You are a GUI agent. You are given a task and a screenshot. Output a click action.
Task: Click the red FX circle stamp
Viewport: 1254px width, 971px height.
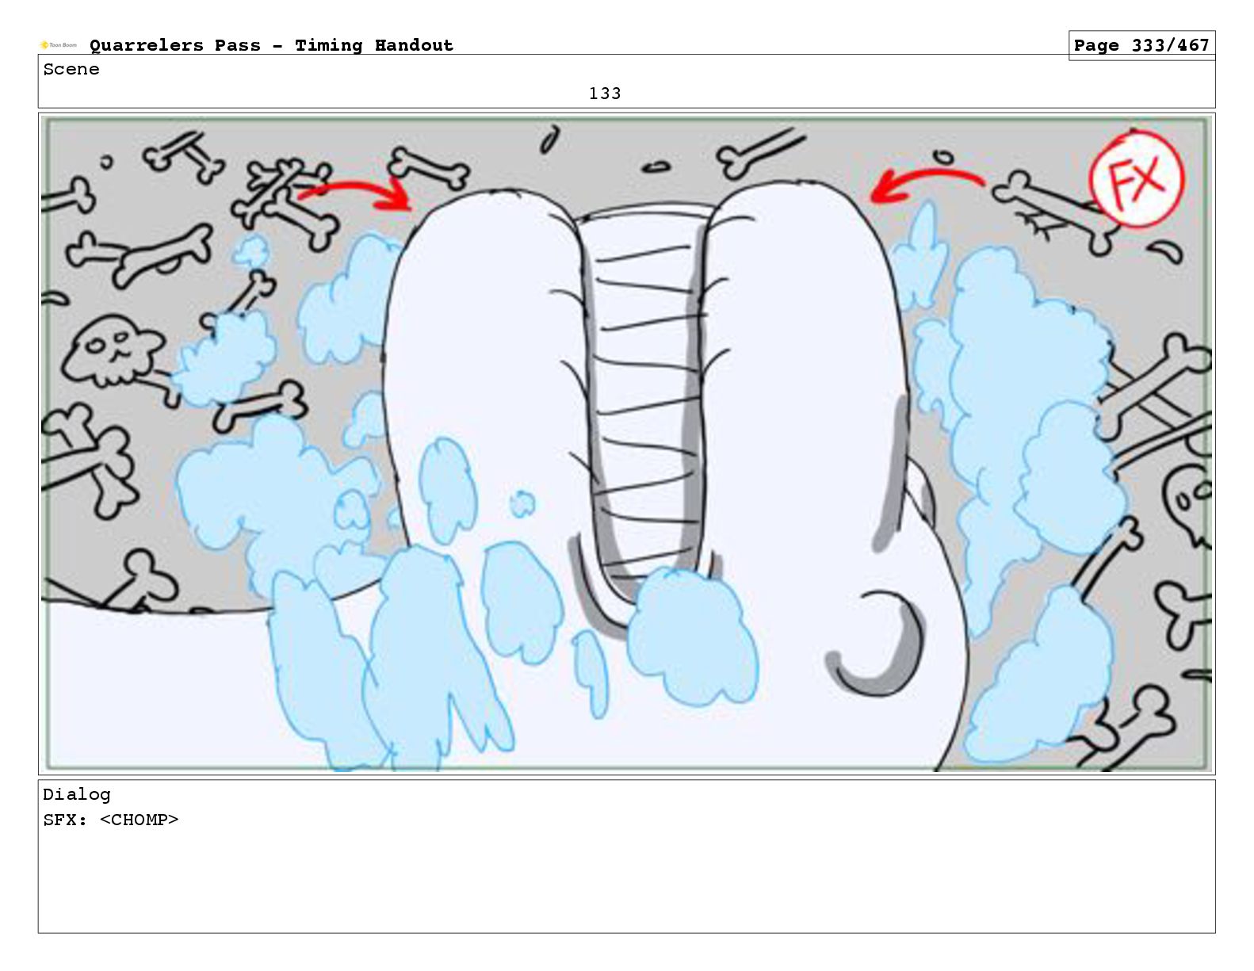coord(1135,179)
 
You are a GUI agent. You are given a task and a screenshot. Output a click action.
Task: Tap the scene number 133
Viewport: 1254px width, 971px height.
coord(604,94)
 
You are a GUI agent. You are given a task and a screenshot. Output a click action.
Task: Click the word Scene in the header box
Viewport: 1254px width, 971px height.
coord(71,69)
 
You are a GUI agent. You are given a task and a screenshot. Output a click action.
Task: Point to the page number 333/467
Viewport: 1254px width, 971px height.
coord(1170,45)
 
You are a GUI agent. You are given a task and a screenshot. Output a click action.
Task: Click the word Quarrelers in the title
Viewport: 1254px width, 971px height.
coord(147,45)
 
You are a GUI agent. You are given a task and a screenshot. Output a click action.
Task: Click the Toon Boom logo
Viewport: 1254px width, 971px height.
coord(58,45)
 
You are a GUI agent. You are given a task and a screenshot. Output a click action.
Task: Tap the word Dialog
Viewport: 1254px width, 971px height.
coord(77,795)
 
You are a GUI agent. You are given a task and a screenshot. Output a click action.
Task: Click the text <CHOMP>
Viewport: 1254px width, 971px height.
coord(139,820)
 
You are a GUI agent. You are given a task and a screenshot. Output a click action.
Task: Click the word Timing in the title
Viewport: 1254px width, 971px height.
coord(328,46)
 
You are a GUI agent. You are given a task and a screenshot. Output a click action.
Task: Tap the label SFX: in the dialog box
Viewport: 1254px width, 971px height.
coord(65,820)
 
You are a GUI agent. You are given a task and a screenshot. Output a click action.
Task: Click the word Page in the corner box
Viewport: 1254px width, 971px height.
coord(1096,45)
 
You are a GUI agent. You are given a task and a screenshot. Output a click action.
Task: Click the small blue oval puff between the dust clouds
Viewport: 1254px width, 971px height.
coord(522,503)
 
